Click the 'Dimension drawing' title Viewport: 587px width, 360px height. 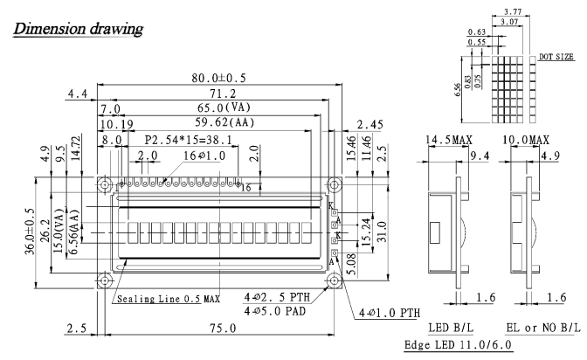78,29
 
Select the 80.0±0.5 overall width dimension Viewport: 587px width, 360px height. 218,78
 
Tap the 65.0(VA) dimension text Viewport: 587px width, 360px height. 224,107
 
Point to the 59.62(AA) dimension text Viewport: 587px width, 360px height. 224,122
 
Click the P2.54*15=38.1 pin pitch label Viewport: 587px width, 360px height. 189,140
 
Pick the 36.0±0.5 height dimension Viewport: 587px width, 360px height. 30,232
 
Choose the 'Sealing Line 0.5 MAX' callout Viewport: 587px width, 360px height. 169,299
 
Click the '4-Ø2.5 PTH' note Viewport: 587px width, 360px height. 278,297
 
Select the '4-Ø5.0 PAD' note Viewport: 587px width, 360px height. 275,311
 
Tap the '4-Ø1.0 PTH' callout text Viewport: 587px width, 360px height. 390,313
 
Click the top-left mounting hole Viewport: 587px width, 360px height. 105,184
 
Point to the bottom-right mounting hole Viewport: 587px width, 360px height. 334,280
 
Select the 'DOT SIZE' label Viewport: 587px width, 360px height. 556,57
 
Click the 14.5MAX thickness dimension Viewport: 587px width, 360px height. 449,140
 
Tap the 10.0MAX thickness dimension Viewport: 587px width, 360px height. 526,140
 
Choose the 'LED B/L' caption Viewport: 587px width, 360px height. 451,328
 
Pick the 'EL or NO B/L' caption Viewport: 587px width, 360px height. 543,328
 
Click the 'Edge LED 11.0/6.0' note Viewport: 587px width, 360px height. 458,344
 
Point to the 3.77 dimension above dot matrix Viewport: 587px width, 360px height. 513,11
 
